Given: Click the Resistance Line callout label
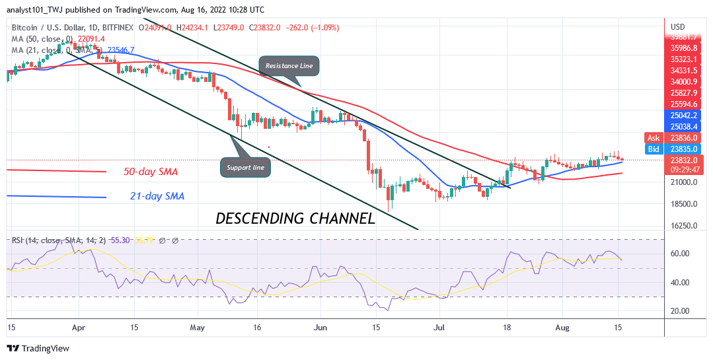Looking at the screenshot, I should (x=289, y=66).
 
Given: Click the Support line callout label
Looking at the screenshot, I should (x=245, y=168).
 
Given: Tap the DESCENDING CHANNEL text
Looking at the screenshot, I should (x=295, y=218).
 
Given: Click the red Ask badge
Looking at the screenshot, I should (x=654, y=138).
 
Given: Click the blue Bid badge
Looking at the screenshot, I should (x=654, y=150).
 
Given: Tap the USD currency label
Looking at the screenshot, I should (x=677, y=27).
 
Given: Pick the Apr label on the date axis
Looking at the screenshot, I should (x=79, y=327).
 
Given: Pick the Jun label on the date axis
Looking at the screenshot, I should (x=320, y=327).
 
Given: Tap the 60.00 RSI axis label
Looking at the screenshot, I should (x=681, y=254).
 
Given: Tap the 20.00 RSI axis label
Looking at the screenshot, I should (x=681, y=310).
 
